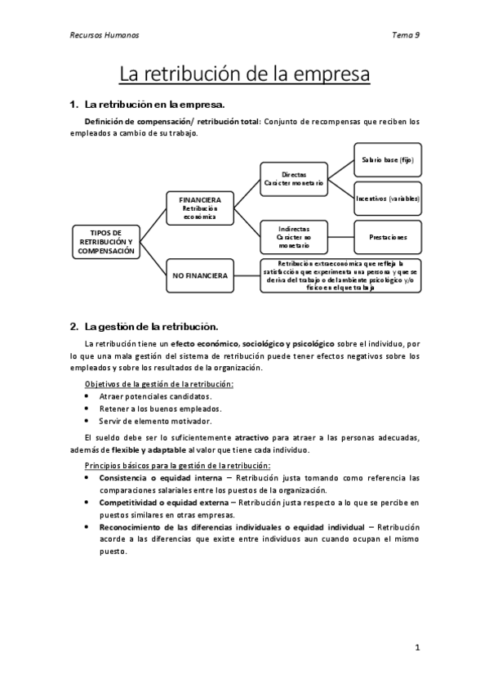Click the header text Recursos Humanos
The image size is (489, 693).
(x=102, y=36)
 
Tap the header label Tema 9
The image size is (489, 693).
(x=406, y=36)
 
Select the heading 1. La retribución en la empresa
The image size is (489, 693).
(x=146, y=105)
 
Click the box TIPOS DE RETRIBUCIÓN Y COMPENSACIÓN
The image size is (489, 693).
(x=105, y=242)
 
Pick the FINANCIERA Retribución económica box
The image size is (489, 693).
(x=200, y=207)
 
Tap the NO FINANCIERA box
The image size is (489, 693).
(x=200, y=276)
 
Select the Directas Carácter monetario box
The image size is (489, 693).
(x=294, y=180)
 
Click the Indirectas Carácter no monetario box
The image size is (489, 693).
(x=294, y=236)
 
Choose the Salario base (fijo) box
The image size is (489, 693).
(x=388, y=160)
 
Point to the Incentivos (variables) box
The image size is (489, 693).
(x=388, y=199)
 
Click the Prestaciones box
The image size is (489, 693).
(x=388, y=237)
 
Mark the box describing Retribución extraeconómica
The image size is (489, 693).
(x=340, y=276)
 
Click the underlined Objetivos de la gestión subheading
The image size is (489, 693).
(x=159, y=383)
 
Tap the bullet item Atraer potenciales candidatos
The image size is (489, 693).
(x=149, y=396)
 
